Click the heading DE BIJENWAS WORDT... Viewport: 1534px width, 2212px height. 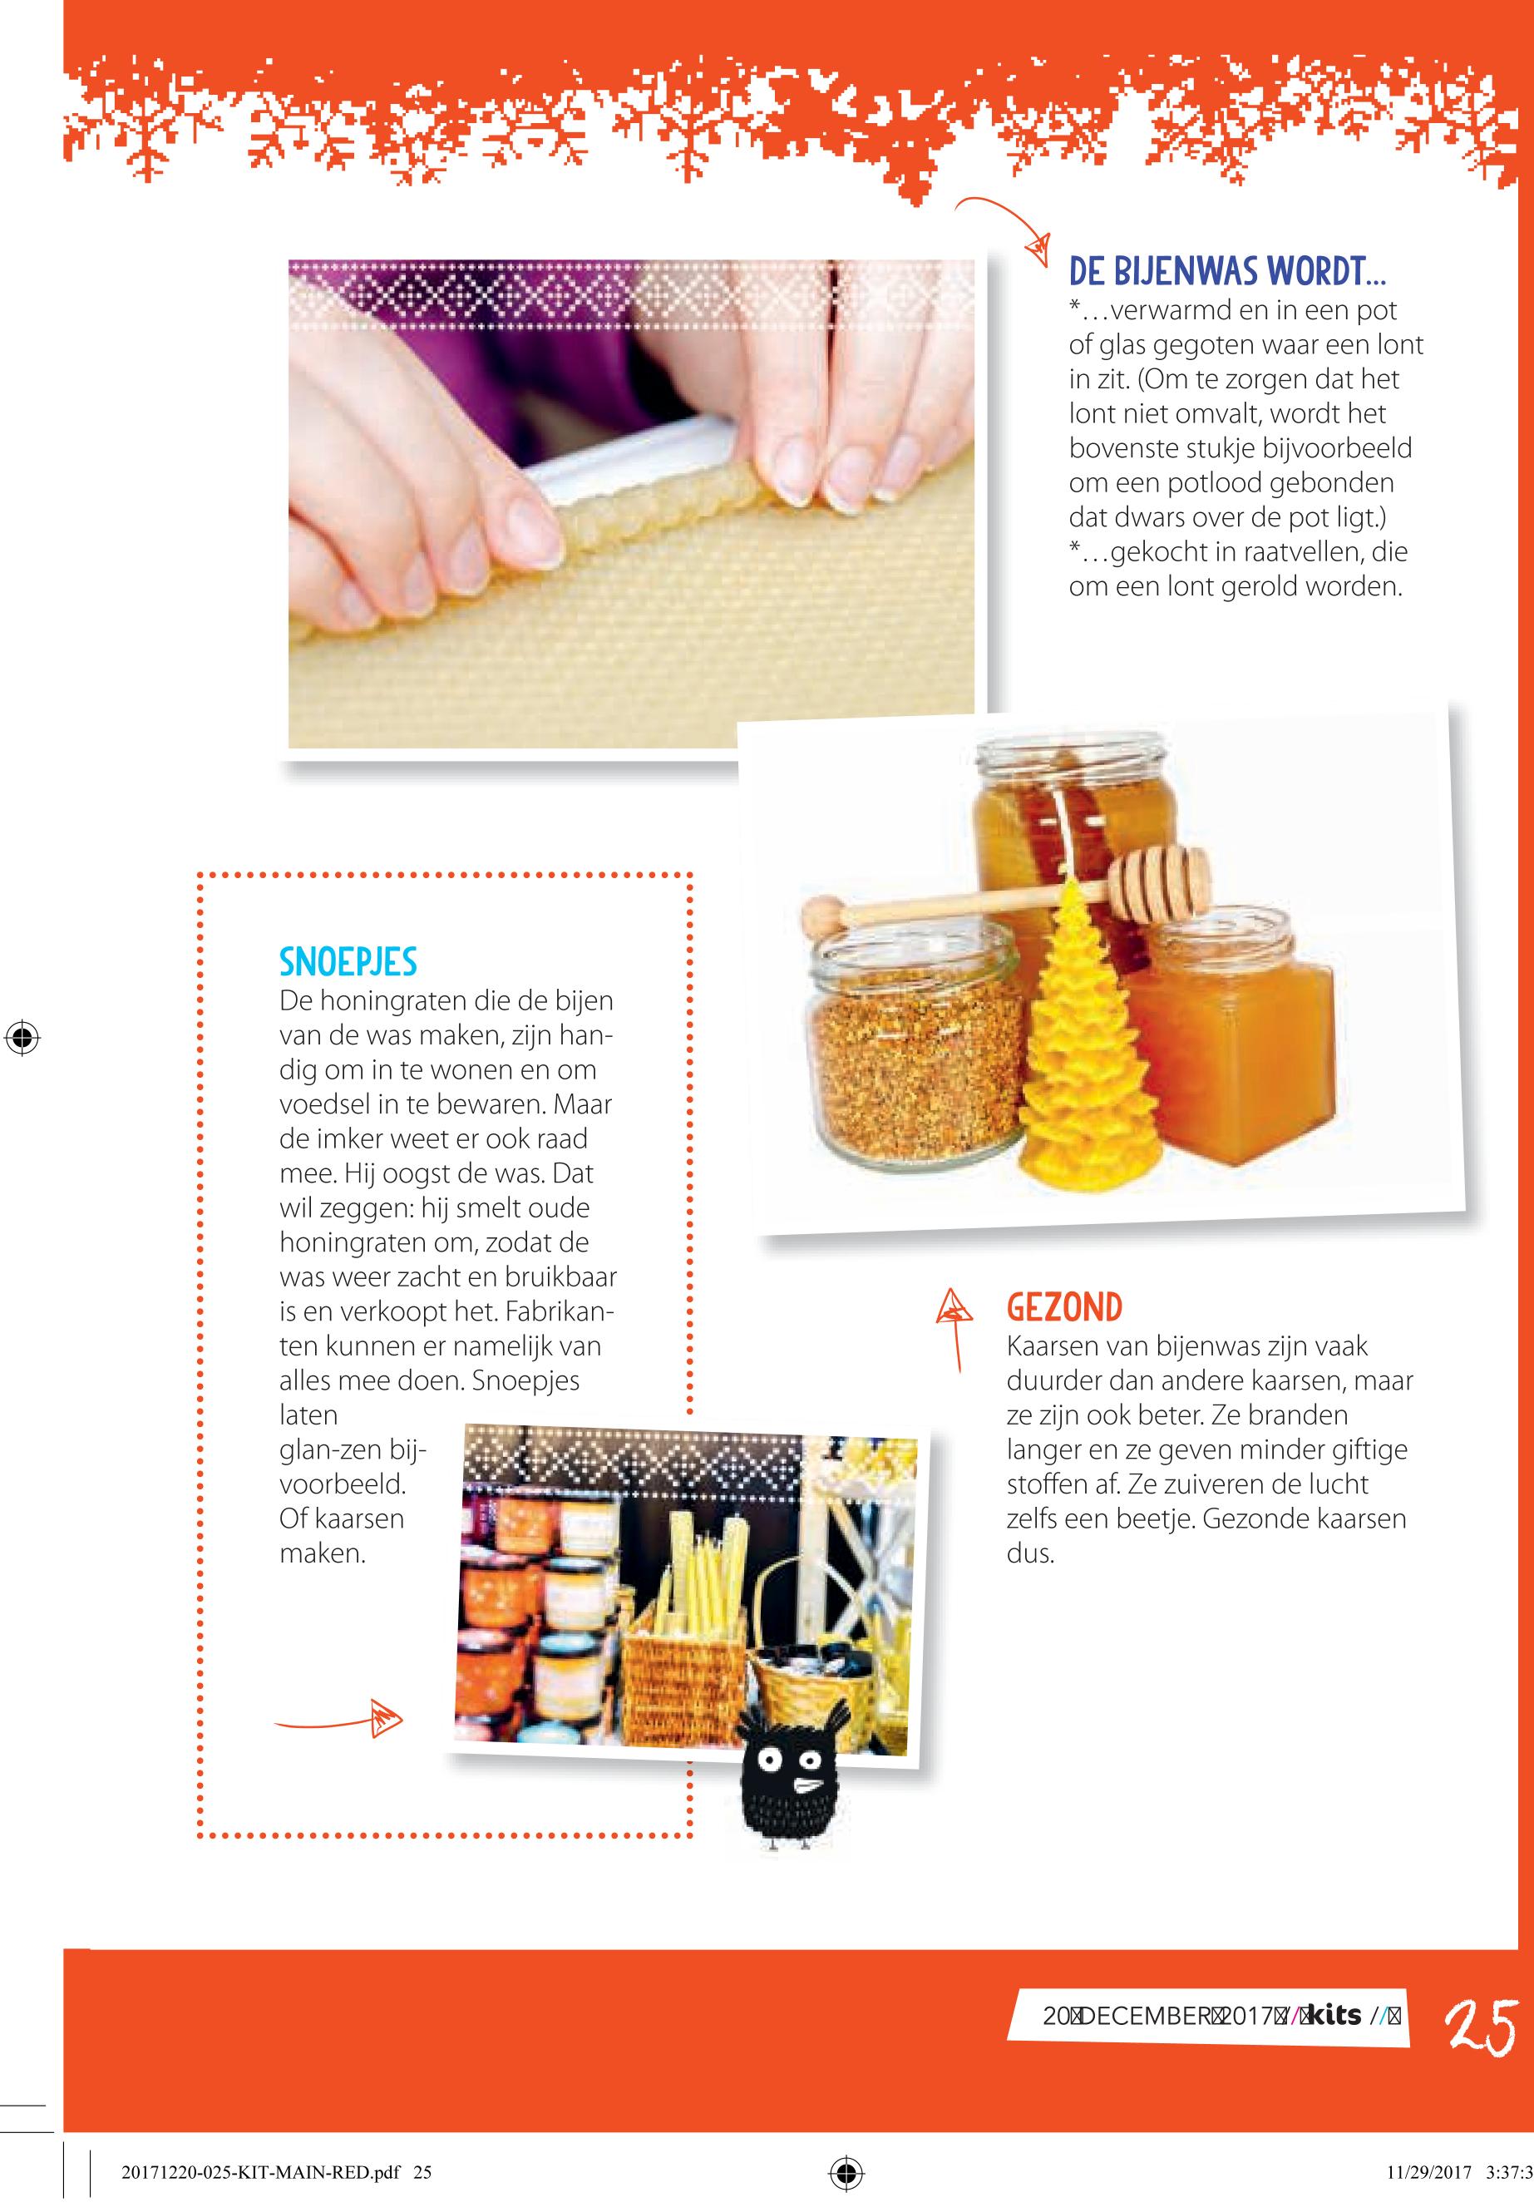click(1226, 272)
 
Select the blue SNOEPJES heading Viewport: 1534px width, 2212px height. click(348, 961)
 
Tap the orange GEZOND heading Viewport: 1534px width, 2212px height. click(1064, 1307)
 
